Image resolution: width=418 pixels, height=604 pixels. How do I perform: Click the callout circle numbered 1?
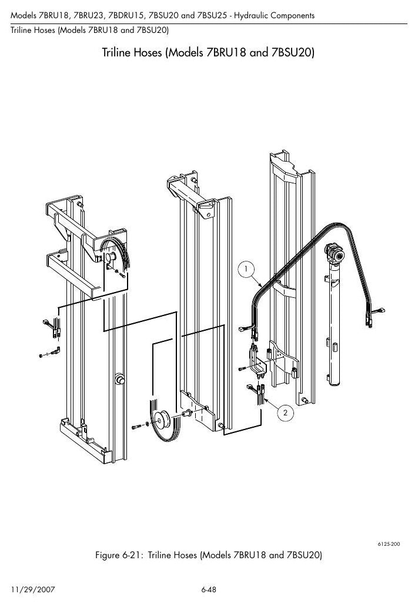[246, 269]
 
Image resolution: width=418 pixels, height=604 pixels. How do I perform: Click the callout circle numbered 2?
[285, 413]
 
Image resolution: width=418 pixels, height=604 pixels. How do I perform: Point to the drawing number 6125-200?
[388, 544]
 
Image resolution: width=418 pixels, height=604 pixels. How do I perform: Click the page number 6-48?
[209, 589]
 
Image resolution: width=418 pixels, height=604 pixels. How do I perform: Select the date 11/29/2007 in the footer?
[33, 589]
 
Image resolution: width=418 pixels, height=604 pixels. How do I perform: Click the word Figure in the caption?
[108, 555]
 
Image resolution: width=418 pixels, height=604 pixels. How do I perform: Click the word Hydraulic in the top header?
[252, 15]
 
